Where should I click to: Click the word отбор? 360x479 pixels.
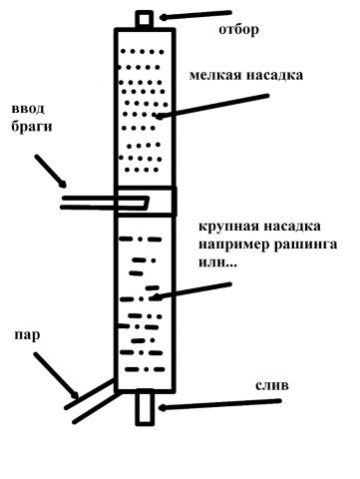[x=238, y=30]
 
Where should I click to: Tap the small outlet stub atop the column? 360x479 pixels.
[x=146, y=18]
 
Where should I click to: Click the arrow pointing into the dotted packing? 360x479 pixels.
[x=209, y=105]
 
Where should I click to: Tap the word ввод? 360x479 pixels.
[x=27, y=109]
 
